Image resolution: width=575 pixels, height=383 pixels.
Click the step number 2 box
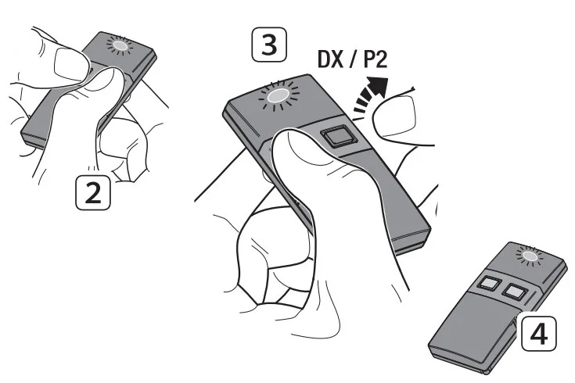(93, 192)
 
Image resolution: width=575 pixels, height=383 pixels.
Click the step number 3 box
(269, 45)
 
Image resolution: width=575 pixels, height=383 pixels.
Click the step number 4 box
(539, 334)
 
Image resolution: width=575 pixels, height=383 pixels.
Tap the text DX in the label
(331, 59)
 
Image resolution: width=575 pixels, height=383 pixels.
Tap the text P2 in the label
(376, 59)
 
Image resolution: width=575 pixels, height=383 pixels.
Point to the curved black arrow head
(379, 87)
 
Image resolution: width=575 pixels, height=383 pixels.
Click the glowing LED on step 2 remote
(120, 45)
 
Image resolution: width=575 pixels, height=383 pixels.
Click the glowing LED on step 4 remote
(530, 256)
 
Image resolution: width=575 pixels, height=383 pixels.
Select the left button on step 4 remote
(488, 283)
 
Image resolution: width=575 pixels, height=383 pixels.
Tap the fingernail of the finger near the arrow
(394, 115)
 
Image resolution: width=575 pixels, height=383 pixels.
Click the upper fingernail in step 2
(70, 65)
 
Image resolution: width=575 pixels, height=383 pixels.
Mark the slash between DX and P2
(354, 59)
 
